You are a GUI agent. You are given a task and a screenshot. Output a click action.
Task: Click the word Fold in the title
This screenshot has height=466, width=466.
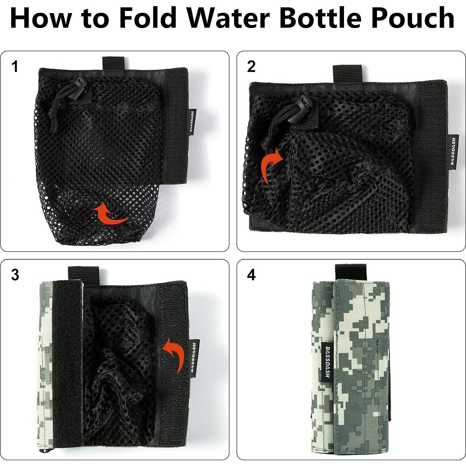148,18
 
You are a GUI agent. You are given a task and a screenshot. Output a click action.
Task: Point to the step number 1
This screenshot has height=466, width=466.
15,67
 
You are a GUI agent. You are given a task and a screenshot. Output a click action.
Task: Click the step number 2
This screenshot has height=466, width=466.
251,67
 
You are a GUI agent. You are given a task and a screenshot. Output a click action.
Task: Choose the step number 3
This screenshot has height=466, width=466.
15,275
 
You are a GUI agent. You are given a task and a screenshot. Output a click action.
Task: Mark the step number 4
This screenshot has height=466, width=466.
251,275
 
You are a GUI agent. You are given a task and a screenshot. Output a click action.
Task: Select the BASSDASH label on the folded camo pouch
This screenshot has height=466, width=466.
327,361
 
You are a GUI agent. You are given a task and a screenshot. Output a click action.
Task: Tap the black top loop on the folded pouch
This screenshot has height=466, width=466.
350,271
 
